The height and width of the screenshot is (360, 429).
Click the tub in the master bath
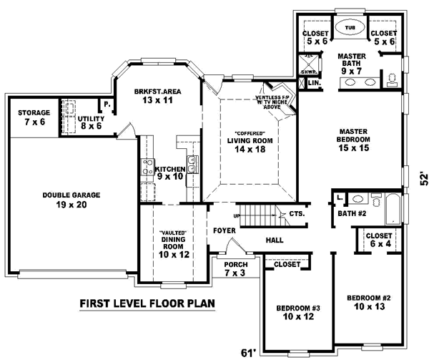349,28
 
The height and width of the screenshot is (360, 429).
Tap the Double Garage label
71,199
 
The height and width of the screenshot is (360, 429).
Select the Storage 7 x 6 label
34,117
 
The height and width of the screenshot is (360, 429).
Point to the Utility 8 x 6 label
92,122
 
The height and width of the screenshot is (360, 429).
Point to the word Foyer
225,230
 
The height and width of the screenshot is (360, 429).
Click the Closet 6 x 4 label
378,240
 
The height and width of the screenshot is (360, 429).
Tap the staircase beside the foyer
257,213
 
